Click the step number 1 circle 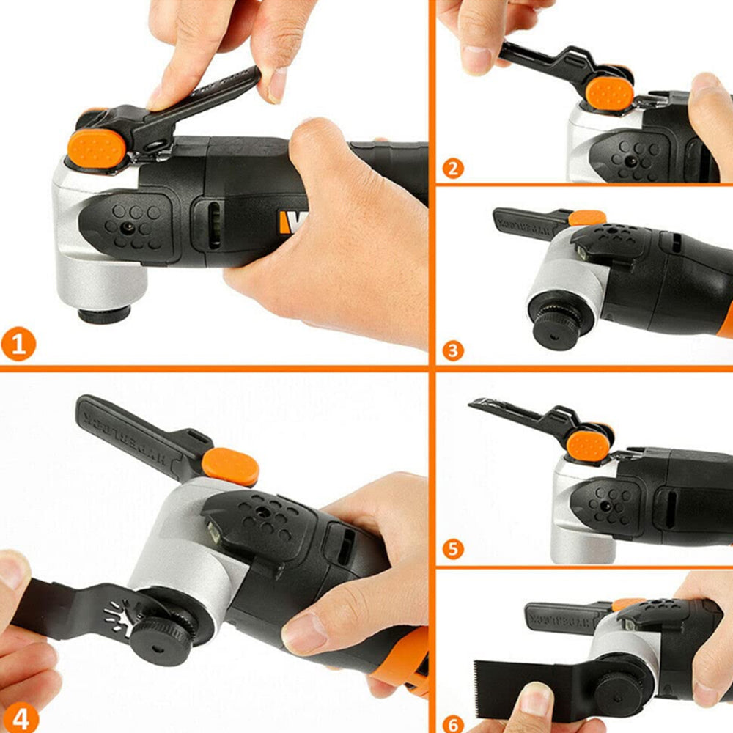pos(18,345)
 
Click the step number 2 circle pos(453,169)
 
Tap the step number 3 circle pos(453,350)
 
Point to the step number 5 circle pos(453,548)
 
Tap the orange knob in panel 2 pos(609,94)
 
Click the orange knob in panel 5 pos(588,446)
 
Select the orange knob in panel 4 pos(230,467)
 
